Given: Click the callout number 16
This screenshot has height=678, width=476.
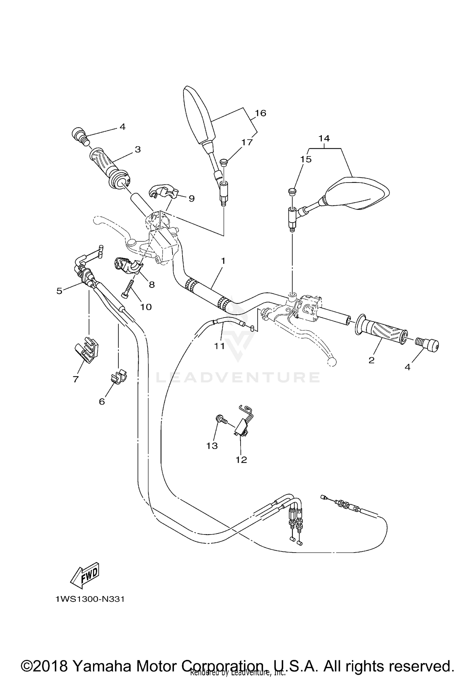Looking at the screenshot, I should coord(261,113).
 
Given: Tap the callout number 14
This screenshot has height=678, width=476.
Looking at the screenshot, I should coord(324,138).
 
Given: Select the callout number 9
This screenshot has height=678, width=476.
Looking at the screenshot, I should coord(191,198).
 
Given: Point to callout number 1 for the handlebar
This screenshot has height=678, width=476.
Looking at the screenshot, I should coord(223,261).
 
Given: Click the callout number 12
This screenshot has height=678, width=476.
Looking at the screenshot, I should coord(241,460).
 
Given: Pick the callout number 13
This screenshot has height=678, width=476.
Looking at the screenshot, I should coord(212,446).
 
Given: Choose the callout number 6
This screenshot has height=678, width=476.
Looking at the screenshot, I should coord(102,401).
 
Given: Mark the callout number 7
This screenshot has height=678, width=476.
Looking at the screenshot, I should coord(76,379).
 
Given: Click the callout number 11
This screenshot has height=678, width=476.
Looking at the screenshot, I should coord(219,346).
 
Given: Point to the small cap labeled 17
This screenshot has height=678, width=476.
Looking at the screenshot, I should coord(224,162).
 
